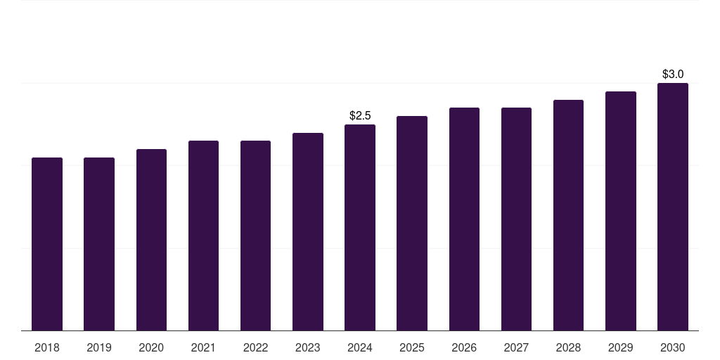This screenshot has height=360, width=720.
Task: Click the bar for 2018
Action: pos(47,244)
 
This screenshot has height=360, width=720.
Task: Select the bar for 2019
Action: pos(99,244)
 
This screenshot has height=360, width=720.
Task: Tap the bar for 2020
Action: pos(151,240)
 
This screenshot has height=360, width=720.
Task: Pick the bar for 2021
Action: pos(203,236)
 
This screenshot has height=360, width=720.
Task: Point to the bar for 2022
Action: pos(255,236)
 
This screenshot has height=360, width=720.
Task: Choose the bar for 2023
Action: pos(308,232)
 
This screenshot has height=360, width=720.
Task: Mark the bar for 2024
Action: pos(360,228)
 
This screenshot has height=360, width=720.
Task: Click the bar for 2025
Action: pos(412,224)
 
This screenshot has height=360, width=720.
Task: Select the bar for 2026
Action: pos(464,219)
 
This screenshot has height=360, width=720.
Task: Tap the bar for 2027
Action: pos(516,219)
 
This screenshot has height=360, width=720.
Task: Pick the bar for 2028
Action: pos(568,215)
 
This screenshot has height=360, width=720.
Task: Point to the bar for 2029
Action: pos(621,211)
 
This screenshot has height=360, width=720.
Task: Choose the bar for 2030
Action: pos(673,207)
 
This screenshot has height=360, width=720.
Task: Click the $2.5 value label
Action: pos(360,115)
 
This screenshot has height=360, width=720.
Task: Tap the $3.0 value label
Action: pos(673,74)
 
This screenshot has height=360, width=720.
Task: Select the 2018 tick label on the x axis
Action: pos(47,347)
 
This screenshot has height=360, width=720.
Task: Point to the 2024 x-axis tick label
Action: pos(360,347)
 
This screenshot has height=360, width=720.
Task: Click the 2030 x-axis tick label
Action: pos(673,347)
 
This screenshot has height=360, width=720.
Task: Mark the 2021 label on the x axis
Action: pos(203,347)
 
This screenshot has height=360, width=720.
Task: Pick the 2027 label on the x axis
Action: pos(516,347)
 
